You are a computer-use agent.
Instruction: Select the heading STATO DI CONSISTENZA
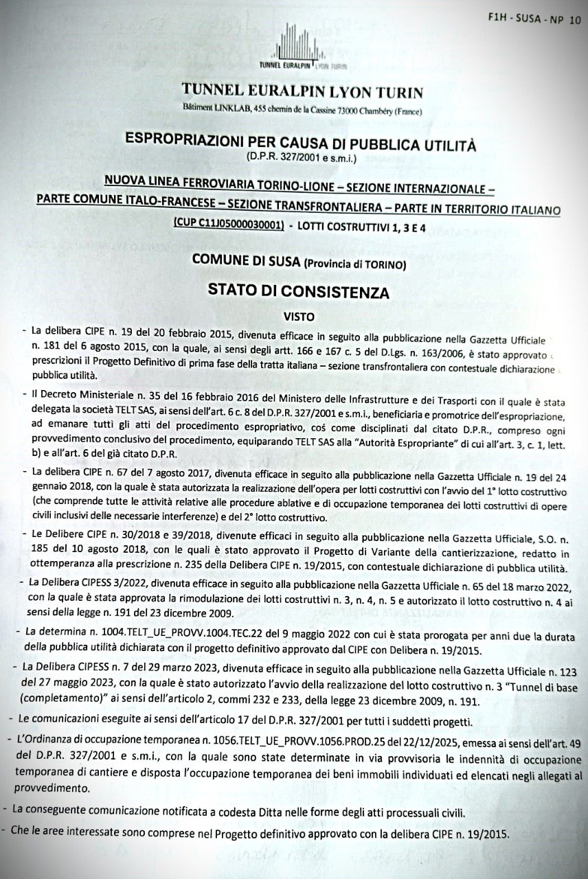[x=298, y=291]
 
